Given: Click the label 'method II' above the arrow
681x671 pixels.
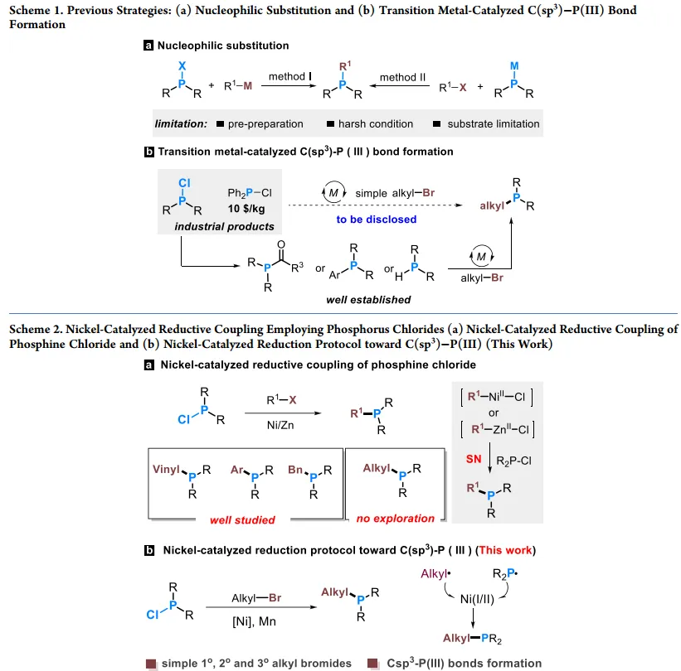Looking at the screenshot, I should point(403,77).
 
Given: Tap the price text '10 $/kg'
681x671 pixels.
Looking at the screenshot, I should point(246,209).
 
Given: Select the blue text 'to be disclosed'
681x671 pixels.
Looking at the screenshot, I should point(376,220).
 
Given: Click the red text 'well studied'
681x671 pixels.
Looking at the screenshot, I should point(241,519).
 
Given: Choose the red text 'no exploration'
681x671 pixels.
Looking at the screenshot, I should point(396,519).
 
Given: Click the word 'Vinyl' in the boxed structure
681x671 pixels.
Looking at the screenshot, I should point(167,469).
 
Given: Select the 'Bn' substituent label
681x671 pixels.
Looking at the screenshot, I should point(297,469).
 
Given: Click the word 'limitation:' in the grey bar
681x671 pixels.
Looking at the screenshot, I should point(181,124).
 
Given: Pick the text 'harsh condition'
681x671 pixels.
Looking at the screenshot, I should point(375,124).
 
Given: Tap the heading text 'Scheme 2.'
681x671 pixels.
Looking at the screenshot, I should point(39,329).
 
